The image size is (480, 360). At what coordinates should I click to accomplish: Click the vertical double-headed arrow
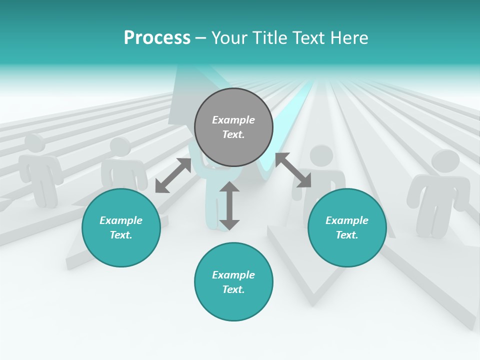pos(229,205)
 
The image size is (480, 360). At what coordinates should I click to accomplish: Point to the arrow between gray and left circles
pos(173,175)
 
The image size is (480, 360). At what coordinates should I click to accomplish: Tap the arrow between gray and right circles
pos(293,170)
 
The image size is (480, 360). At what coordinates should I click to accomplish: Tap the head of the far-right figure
pos(445,162)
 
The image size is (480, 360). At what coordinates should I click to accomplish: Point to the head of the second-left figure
pos(120,147)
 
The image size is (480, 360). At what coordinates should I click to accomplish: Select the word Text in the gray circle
pos(233,134)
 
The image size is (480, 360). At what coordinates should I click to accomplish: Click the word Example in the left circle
pos(121,220)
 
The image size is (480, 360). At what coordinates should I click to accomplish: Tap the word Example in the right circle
pos(347,220)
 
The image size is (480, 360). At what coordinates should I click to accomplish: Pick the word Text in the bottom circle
pos(233,289)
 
